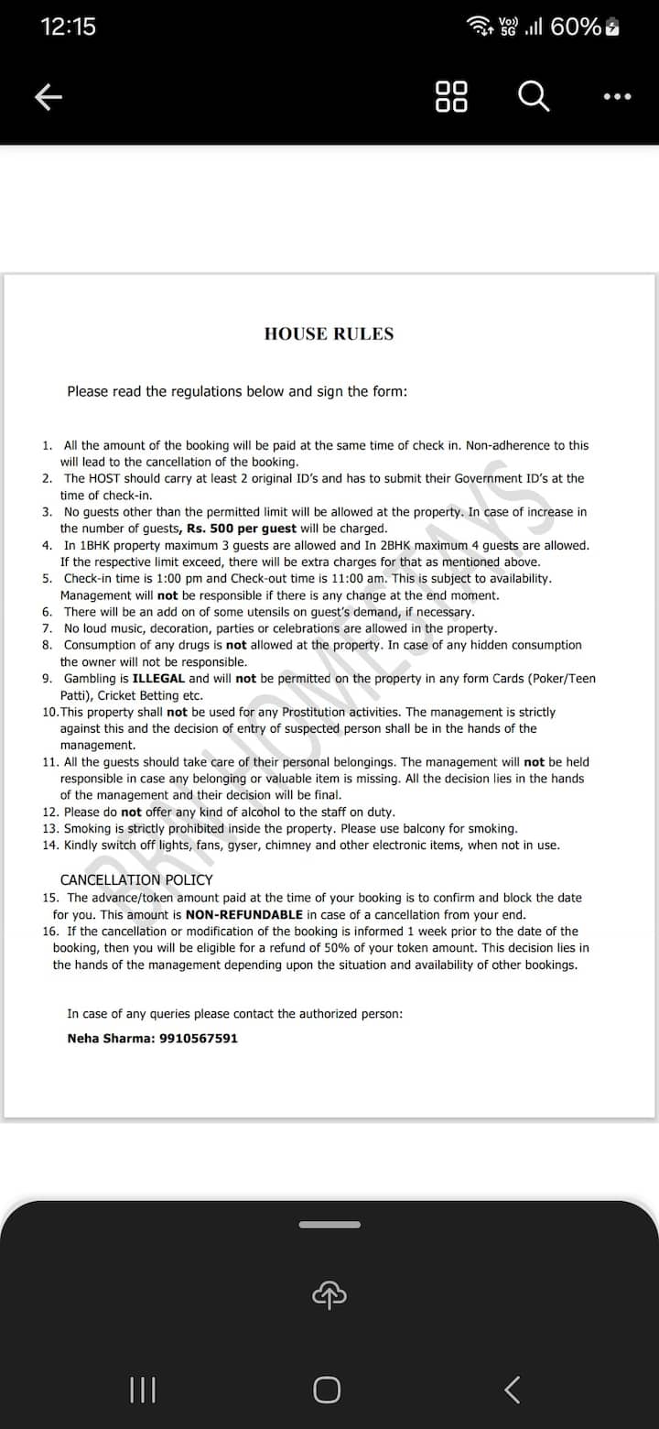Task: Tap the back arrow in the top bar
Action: click(48, 97)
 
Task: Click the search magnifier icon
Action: click(535, 96)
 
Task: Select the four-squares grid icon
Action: click(451, 96)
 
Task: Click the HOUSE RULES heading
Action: click(329, 334)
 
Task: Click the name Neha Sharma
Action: click(105, 1039)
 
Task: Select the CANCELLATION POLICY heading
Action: click(136, 880)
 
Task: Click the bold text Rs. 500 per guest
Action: click(242, 529)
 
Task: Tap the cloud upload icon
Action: click(329, 1293)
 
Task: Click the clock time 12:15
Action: click(69, 27)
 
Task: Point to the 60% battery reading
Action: click(576, 27)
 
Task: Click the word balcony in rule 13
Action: click(413, 829)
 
